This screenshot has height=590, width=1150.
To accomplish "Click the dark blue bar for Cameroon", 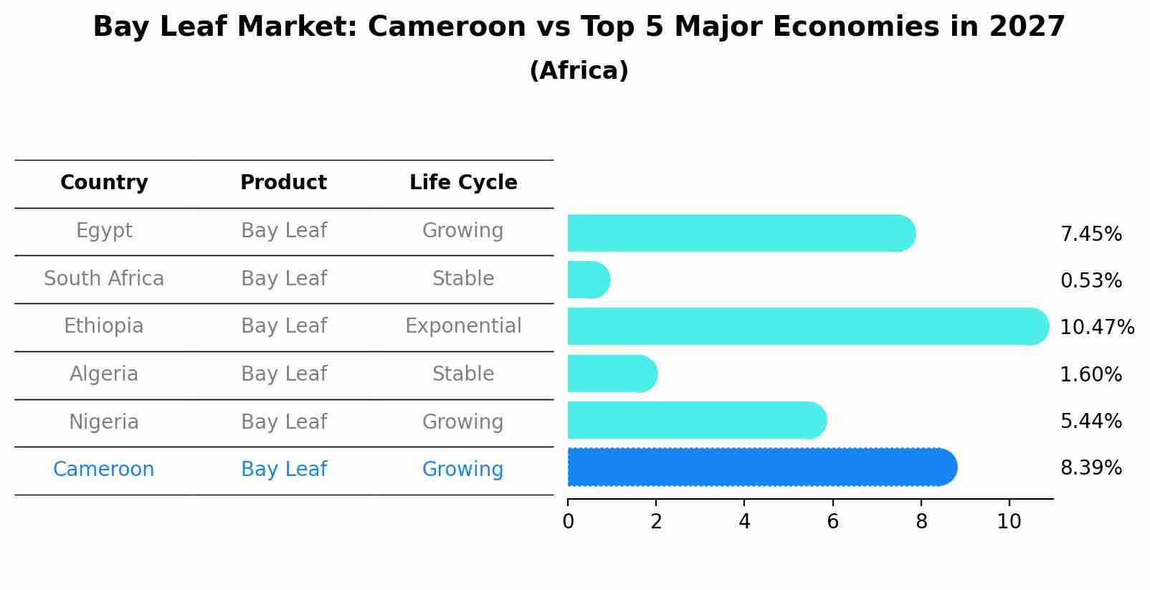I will tap(760, 467).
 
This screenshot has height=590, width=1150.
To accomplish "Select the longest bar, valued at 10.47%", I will tap(807, 326).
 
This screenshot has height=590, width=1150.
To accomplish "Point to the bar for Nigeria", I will tap(695, 420).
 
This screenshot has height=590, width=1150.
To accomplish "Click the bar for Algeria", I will tap(611, 373).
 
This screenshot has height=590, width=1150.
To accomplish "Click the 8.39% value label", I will tap(1090, 468).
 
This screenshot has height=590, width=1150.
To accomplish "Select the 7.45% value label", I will tap(1090, 234).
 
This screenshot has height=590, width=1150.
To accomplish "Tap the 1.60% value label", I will tap(1090, 374).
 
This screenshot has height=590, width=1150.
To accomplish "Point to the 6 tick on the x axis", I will tap(832, 522).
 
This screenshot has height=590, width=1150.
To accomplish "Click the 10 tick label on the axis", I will tap(1009, 522).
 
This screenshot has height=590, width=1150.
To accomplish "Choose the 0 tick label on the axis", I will tap(568, 522).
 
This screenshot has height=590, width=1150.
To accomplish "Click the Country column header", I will tap(104, 183).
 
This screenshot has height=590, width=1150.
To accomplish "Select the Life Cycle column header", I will tap(463, 183).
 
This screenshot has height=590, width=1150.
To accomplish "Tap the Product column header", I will tap(283, 183).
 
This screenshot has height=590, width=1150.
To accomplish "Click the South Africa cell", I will tap(104, 279).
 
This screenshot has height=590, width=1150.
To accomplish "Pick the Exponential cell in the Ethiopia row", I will tap(463, 326).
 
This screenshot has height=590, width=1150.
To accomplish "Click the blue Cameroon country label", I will tap(104, 470).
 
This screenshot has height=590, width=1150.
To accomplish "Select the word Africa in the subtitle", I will tap(579, 71).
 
